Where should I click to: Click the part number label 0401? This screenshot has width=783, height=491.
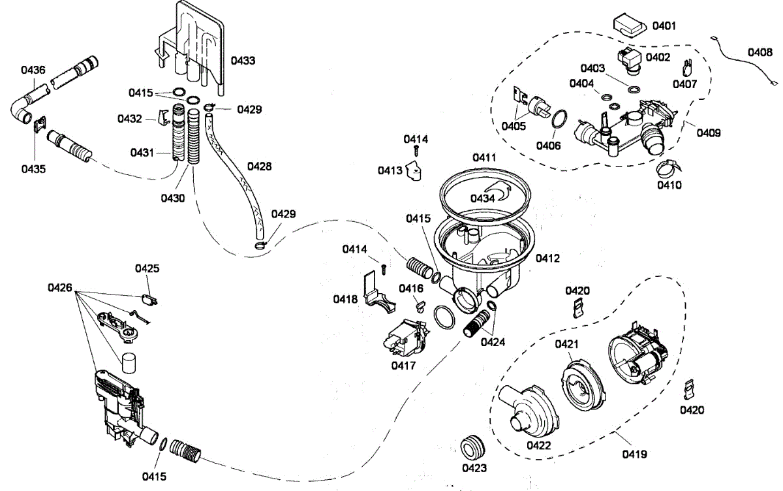(664, 26)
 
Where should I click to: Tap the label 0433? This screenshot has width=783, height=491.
(243, 61)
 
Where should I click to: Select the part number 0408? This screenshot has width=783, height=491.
(760, 52)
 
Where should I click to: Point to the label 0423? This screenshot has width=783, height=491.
(474, 468)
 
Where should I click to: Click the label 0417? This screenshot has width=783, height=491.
(403, 366)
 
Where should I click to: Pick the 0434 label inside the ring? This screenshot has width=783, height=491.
(482, 198)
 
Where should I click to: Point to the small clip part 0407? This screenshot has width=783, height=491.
(687, 68)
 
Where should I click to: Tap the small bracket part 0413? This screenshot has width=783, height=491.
(414, 170)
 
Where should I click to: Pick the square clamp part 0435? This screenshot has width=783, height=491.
(40, 123)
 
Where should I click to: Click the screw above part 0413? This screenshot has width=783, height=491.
(416, 150)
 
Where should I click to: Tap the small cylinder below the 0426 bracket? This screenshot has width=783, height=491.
(129, 362)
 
